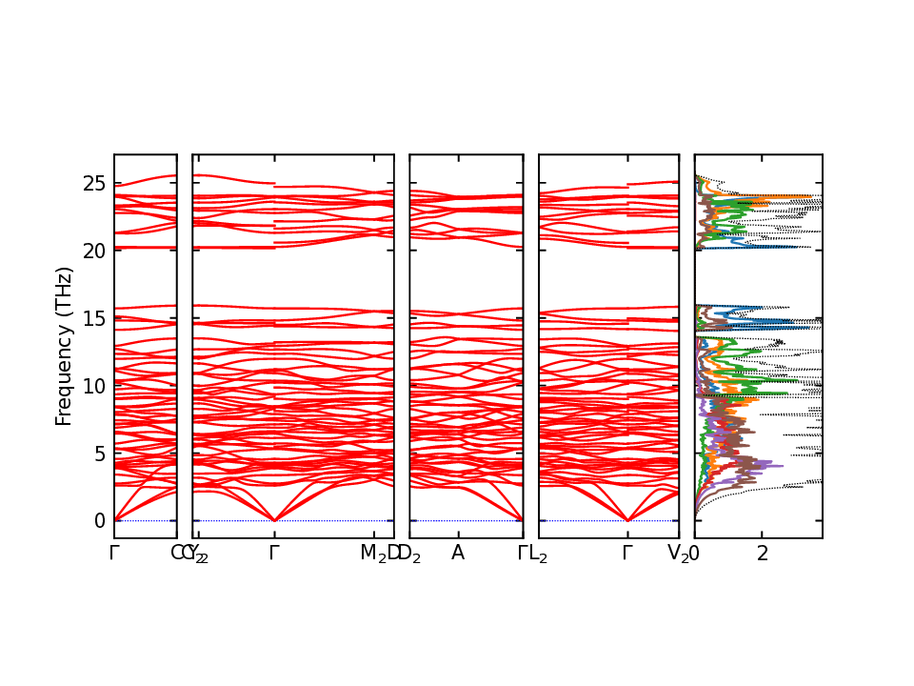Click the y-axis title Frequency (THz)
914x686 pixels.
64,347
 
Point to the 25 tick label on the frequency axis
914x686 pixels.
93,183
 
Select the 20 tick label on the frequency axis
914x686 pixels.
93,251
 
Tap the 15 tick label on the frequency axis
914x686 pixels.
93,318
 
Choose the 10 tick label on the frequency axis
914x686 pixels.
93,386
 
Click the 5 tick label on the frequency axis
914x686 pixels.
98,454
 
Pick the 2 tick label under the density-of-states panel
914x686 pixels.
762,554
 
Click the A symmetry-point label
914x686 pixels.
457,554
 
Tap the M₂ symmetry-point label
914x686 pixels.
373,554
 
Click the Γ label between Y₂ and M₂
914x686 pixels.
274,554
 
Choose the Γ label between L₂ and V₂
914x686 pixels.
627,554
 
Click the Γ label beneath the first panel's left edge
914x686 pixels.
114,554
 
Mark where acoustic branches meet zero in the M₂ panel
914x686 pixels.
274,520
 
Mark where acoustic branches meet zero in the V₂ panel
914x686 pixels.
627,520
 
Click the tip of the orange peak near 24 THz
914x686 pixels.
810,196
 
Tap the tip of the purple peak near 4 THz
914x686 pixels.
782,466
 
